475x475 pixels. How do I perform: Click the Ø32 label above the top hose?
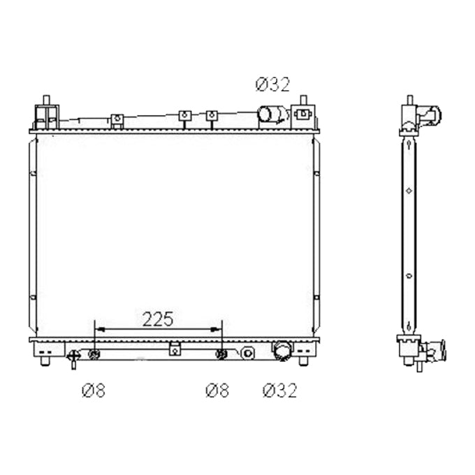tap(272, 85)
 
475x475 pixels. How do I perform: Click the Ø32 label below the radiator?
tap(279, 390)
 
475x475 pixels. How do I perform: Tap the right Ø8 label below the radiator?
tap(217, 390)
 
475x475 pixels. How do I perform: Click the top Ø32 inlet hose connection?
tap(272, 114)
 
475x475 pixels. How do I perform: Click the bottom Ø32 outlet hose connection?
tap(282, 351)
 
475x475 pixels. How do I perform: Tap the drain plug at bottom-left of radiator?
tap(73, 358)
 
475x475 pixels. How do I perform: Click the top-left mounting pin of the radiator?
tap(46, 99)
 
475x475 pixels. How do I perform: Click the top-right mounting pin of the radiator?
tap(304, 100)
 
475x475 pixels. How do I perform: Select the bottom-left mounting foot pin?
tap(45, 361)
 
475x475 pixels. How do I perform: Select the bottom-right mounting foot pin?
tap(303, 361)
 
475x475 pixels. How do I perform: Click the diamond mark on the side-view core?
tap(409, 191)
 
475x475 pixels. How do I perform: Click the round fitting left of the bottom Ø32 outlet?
tap(248, 353)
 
